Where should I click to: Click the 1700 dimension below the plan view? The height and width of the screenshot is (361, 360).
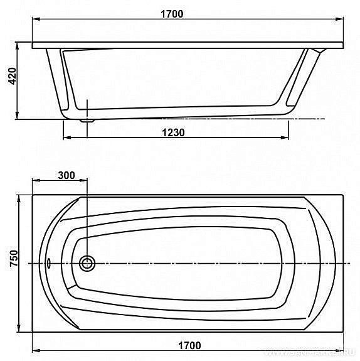tap(188, 345)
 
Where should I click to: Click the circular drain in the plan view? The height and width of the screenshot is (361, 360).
tap(87, 262)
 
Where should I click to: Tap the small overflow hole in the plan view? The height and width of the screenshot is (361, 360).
tap(50, 262)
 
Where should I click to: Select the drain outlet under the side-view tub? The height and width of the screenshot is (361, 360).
tap(87, 117)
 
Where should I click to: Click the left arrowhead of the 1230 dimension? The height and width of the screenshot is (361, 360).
tap(66, 138)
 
